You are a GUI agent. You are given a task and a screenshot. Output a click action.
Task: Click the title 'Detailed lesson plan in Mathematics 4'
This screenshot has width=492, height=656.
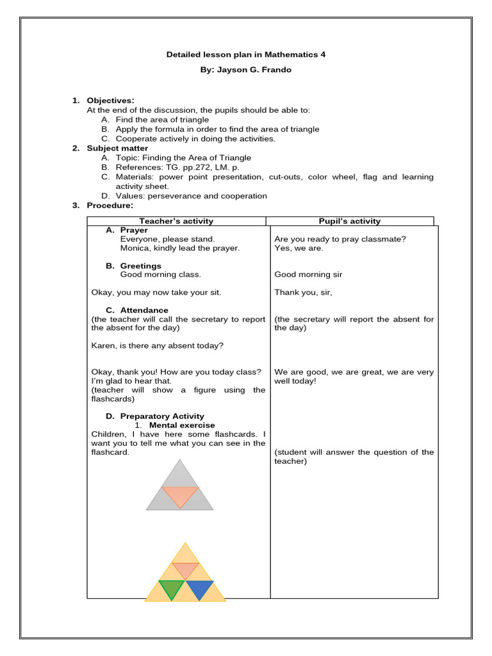pos(246,55)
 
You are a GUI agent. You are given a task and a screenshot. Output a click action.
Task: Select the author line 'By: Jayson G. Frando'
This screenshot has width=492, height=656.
pos(246,70)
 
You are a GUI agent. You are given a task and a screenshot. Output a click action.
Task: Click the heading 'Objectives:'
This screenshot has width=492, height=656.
pos(110,101)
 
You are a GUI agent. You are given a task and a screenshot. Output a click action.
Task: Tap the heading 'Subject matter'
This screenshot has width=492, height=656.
pos(117,148)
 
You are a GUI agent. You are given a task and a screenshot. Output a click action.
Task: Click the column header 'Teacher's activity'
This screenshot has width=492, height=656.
pos(176,221)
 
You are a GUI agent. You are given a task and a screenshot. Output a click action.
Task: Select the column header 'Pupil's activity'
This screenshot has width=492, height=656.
pos(350,221)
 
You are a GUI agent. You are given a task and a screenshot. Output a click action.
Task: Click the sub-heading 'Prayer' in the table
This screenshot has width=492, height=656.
pos(133,230)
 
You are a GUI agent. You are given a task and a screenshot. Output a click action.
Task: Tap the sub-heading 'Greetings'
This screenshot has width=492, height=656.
pos(140,266)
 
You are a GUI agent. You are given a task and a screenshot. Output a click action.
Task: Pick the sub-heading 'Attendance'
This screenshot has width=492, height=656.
pos(144,310)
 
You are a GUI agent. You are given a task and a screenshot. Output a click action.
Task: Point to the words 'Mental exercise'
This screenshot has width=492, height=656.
pos(182,425)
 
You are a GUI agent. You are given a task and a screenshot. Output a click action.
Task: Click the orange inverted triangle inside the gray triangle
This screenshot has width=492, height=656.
pos(180,495)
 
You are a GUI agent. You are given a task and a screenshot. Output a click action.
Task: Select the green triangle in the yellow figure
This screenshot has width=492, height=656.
pos(171,589)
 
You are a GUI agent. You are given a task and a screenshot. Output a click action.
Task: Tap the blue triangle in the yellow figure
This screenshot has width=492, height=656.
pos(199,589)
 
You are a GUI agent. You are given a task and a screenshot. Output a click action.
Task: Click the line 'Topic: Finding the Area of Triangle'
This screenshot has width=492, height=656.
pos(183,158)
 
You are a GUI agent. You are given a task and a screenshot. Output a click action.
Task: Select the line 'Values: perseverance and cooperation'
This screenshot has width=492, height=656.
pos(191,196)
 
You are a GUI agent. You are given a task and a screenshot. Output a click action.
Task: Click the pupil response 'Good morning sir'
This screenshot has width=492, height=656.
pos(308,275)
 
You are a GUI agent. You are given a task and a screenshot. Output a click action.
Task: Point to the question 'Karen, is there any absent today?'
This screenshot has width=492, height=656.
pos(158,345)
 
